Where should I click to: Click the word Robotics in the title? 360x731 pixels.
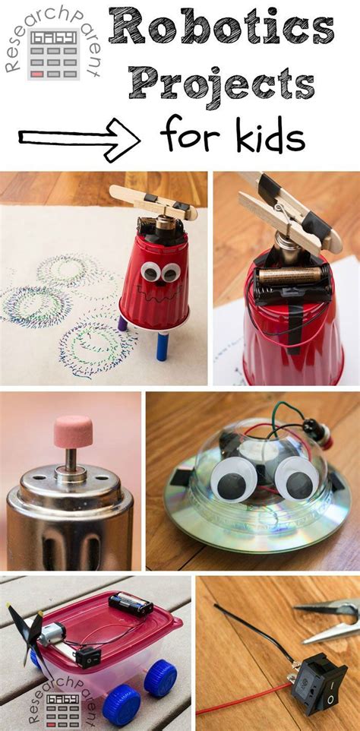221,31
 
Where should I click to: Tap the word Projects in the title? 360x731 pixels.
221,83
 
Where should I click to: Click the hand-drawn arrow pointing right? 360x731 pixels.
79,138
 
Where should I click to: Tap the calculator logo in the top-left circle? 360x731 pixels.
52,55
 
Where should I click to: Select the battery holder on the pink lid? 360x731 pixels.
131,605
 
